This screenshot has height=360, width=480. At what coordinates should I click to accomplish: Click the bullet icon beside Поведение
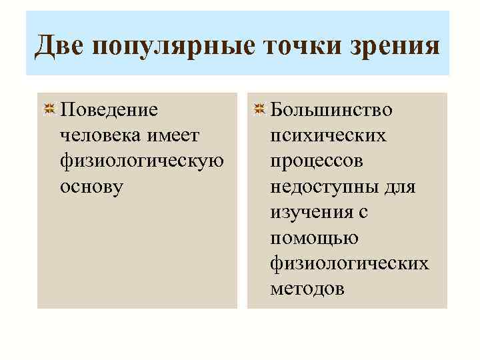pos(49,109)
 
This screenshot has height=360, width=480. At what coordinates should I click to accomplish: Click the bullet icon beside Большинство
pos(260,109)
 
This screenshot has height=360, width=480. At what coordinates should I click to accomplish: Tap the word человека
pos(96,135)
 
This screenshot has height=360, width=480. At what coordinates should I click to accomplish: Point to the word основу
pos(91,187)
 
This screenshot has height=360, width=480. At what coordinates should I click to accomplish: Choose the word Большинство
pos(331,109)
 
